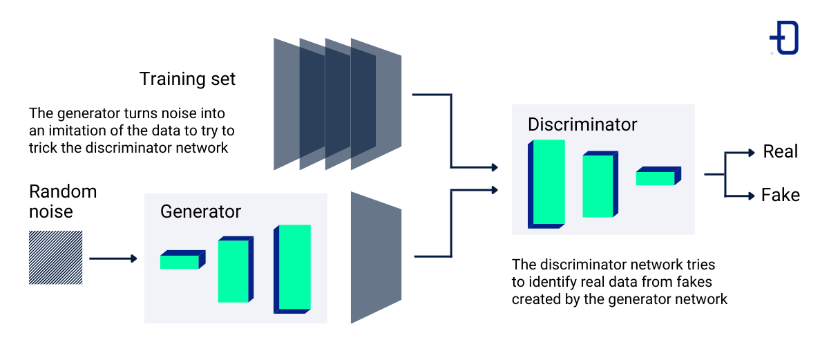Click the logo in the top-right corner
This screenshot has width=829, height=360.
[785, 37]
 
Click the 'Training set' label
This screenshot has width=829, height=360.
[187, 79]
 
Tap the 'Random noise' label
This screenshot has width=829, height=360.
[62, 200]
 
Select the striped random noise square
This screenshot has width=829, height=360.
[55, 258]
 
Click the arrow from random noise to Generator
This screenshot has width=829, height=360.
[113, 258]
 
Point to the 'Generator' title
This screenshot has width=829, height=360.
[200, 211]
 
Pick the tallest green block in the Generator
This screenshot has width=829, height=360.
[294, 267]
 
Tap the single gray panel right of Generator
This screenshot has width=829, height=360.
[375, 257]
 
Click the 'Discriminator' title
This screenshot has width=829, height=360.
[582, 125]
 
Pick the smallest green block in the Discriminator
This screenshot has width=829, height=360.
[656, 178]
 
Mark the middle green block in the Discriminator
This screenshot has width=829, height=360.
[598, 185]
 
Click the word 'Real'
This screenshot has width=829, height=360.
[780, 151]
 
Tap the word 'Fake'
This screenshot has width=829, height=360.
[780, 195]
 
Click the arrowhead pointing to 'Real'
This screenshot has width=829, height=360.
[751, 153]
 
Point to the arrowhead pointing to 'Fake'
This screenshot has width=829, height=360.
[751, 196]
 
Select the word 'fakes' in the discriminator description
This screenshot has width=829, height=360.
[694, 282]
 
